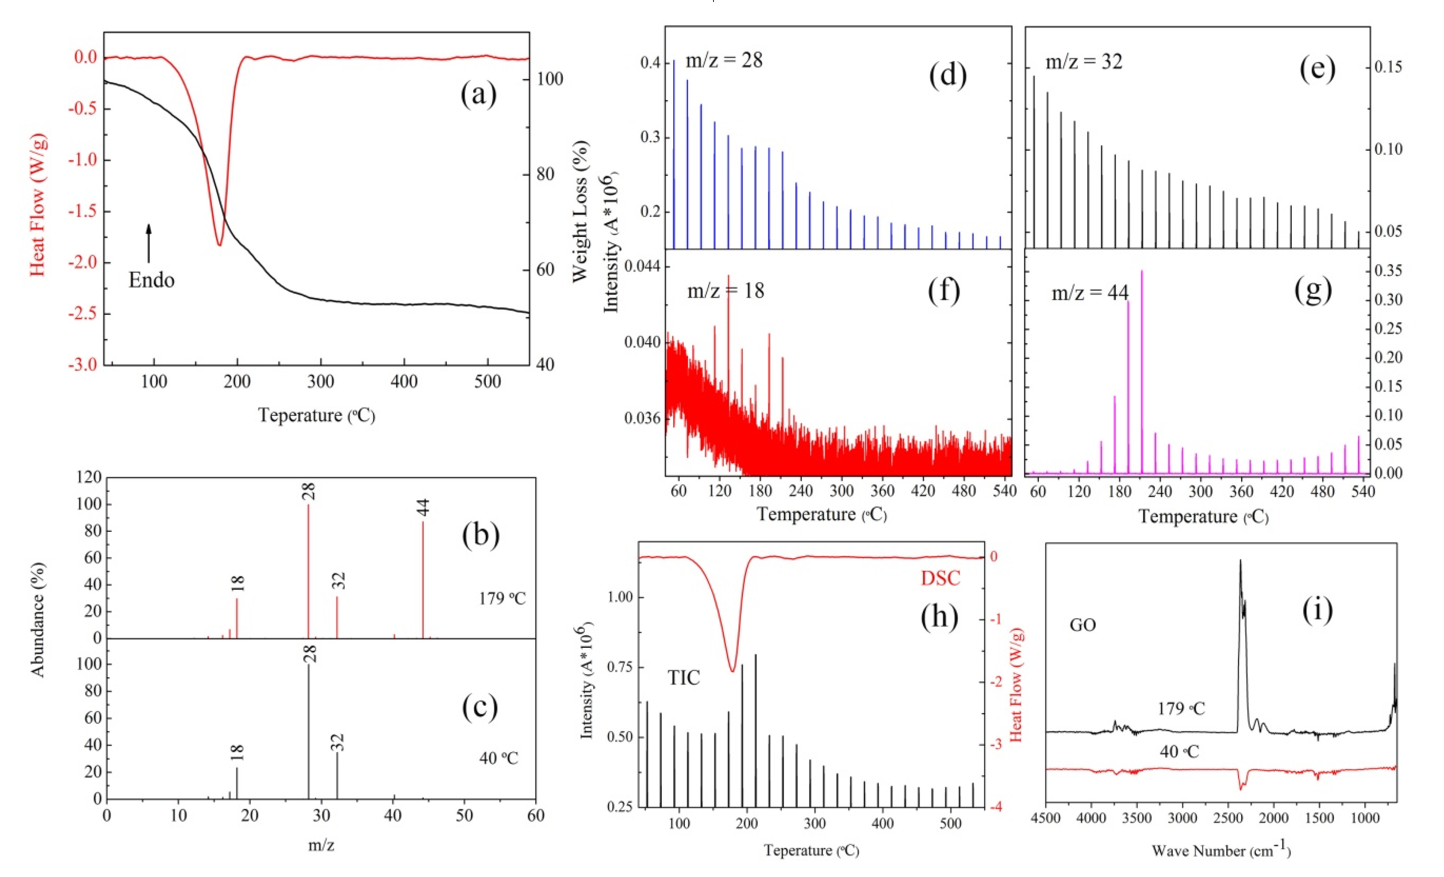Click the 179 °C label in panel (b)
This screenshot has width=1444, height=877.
click(502, 599)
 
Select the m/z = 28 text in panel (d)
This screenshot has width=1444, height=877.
click(724, 60)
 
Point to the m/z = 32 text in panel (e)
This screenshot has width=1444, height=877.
click(1084, 61)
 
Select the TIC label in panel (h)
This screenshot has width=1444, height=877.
click(684, 678)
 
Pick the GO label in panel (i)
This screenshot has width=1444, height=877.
click(1082, 625)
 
